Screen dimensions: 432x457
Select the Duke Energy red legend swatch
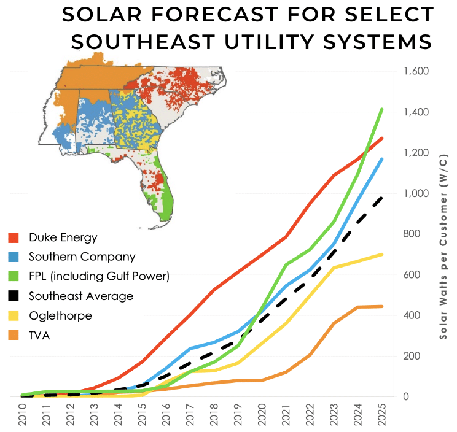coord(14,237)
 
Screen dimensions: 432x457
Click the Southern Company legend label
coord(82,256)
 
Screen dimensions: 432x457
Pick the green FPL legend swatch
coord(14,276)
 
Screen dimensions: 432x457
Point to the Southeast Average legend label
coord(81,296)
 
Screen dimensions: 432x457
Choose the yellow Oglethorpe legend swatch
coord(14,315)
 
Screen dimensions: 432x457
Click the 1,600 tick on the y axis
coord(416,71)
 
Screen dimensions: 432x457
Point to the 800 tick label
coord(412,234)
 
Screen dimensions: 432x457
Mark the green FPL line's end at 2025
coord(382,109)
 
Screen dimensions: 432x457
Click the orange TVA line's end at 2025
coord(382,306)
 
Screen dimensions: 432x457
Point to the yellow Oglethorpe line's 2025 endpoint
coord(382,254)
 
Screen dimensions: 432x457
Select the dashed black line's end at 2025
coord(382,197)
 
